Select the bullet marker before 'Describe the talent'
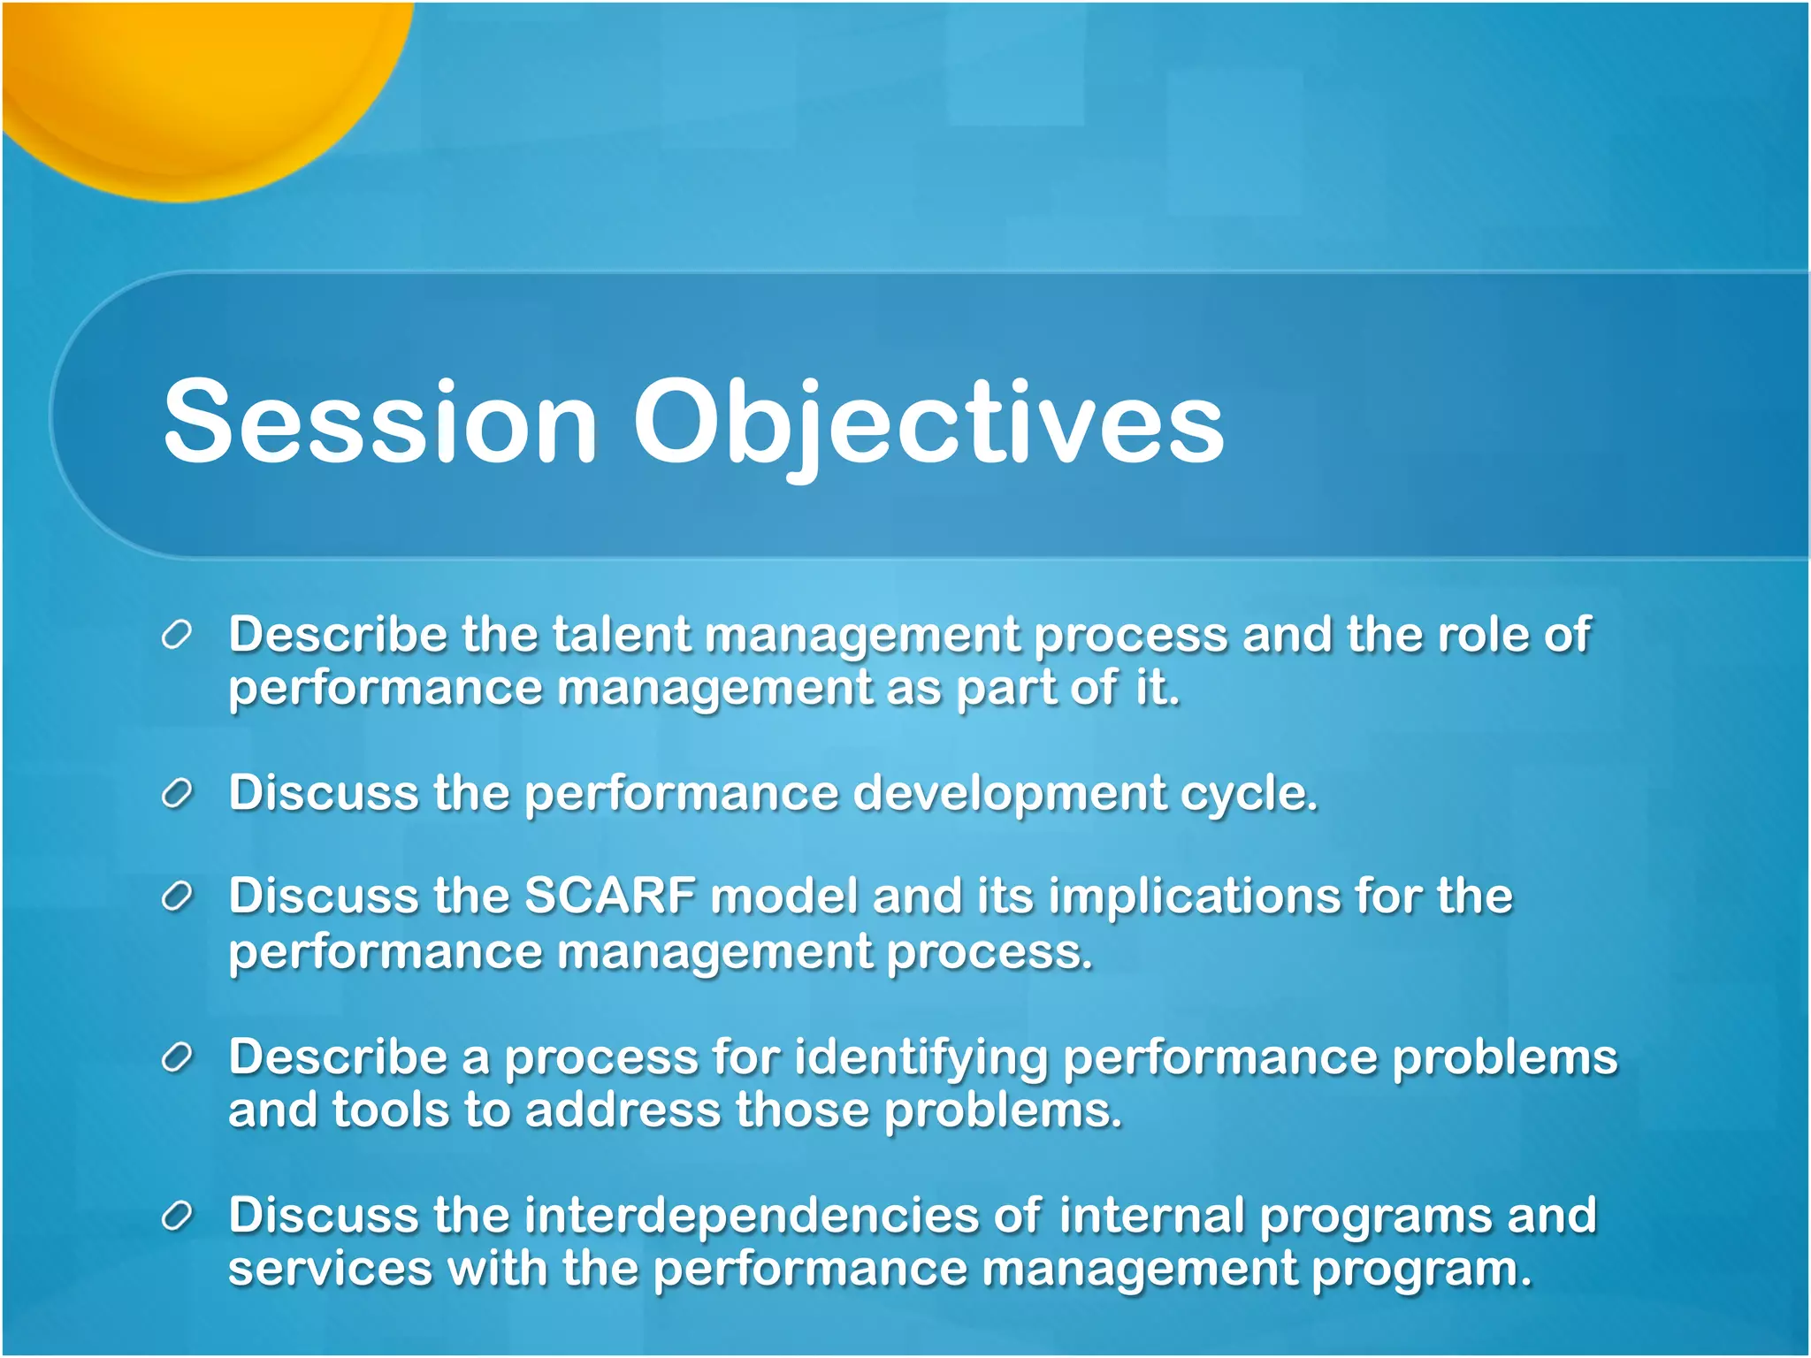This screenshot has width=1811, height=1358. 177,635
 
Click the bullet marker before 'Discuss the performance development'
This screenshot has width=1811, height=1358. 177,793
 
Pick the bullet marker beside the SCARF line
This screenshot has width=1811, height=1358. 177,896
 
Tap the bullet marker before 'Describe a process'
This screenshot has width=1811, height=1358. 177,1057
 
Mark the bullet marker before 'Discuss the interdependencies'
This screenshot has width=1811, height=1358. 177,1216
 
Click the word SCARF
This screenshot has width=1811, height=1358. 610,896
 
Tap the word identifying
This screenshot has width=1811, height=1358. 921,1058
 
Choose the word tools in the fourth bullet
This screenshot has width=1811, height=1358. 390,1110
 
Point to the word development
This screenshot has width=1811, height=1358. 1009,794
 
